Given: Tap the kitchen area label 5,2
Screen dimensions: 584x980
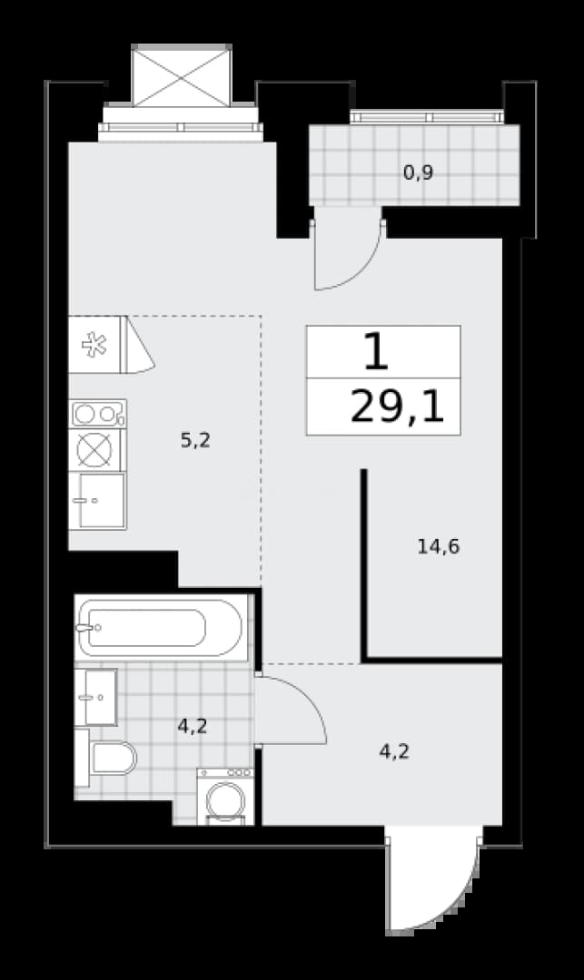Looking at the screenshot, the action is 195,441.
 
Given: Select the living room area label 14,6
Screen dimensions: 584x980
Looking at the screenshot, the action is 439,547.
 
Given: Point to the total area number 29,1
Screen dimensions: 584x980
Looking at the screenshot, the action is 397,407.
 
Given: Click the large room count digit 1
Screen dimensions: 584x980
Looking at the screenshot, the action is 376,351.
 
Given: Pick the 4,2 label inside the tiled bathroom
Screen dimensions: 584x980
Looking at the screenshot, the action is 192,726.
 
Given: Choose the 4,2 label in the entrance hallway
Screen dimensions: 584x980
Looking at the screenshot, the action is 394,751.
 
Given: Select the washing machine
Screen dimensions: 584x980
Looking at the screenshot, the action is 225,797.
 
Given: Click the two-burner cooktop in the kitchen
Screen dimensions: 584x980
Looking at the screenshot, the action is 97,414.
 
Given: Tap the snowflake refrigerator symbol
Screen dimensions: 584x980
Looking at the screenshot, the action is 94,345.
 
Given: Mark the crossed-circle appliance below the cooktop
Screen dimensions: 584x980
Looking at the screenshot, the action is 94,450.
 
